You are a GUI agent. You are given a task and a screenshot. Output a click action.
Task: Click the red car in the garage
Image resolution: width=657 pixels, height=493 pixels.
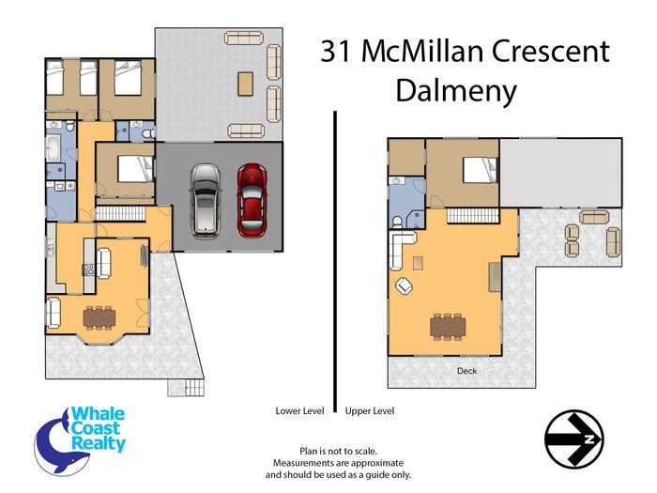(252, 200)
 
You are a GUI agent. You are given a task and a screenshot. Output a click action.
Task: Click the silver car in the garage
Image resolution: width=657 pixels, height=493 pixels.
(206, 201)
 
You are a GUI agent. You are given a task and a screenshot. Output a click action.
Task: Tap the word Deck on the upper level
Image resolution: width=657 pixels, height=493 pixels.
(466, 371)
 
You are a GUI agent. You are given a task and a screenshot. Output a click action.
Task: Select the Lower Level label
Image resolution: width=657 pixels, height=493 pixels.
(299, 411)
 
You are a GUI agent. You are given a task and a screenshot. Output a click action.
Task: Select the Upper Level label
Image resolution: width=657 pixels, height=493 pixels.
(370, 411)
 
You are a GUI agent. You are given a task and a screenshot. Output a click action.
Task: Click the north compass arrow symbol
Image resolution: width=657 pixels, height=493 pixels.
(574, 439)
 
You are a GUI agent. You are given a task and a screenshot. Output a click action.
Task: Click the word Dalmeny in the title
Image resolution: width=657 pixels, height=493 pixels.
(456, 92)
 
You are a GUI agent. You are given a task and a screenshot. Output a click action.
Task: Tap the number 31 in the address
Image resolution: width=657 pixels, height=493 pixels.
(335, 51)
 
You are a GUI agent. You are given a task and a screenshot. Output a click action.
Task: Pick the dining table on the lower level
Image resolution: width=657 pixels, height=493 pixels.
(99, 318)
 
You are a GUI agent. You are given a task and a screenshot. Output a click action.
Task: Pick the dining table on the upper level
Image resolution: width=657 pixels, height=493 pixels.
(448, 326)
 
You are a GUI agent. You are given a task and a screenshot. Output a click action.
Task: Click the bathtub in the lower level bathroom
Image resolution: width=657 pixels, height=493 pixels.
(53, 147)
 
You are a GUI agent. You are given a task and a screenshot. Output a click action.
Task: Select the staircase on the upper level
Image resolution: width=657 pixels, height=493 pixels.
(473, 216)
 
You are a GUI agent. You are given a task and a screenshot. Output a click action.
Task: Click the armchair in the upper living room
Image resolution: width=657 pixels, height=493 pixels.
(404, 285)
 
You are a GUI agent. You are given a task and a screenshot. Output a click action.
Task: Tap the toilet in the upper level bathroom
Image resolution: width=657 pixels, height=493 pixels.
(397, 223)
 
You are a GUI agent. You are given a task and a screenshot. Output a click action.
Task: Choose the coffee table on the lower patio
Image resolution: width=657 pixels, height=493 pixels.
(246, 84)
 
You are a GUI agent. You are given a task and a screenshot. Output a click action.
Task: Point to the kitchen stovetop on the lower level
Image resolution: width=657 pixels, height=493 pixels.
(89, 270)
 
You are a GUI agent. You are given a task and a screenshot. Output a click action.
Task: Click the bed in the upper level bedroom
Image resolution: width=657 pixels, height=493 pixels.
(481, 170)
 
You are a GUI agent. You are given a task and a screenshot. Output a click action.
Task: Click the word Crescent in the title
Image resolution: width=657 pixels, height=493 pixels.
(550, 51)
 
